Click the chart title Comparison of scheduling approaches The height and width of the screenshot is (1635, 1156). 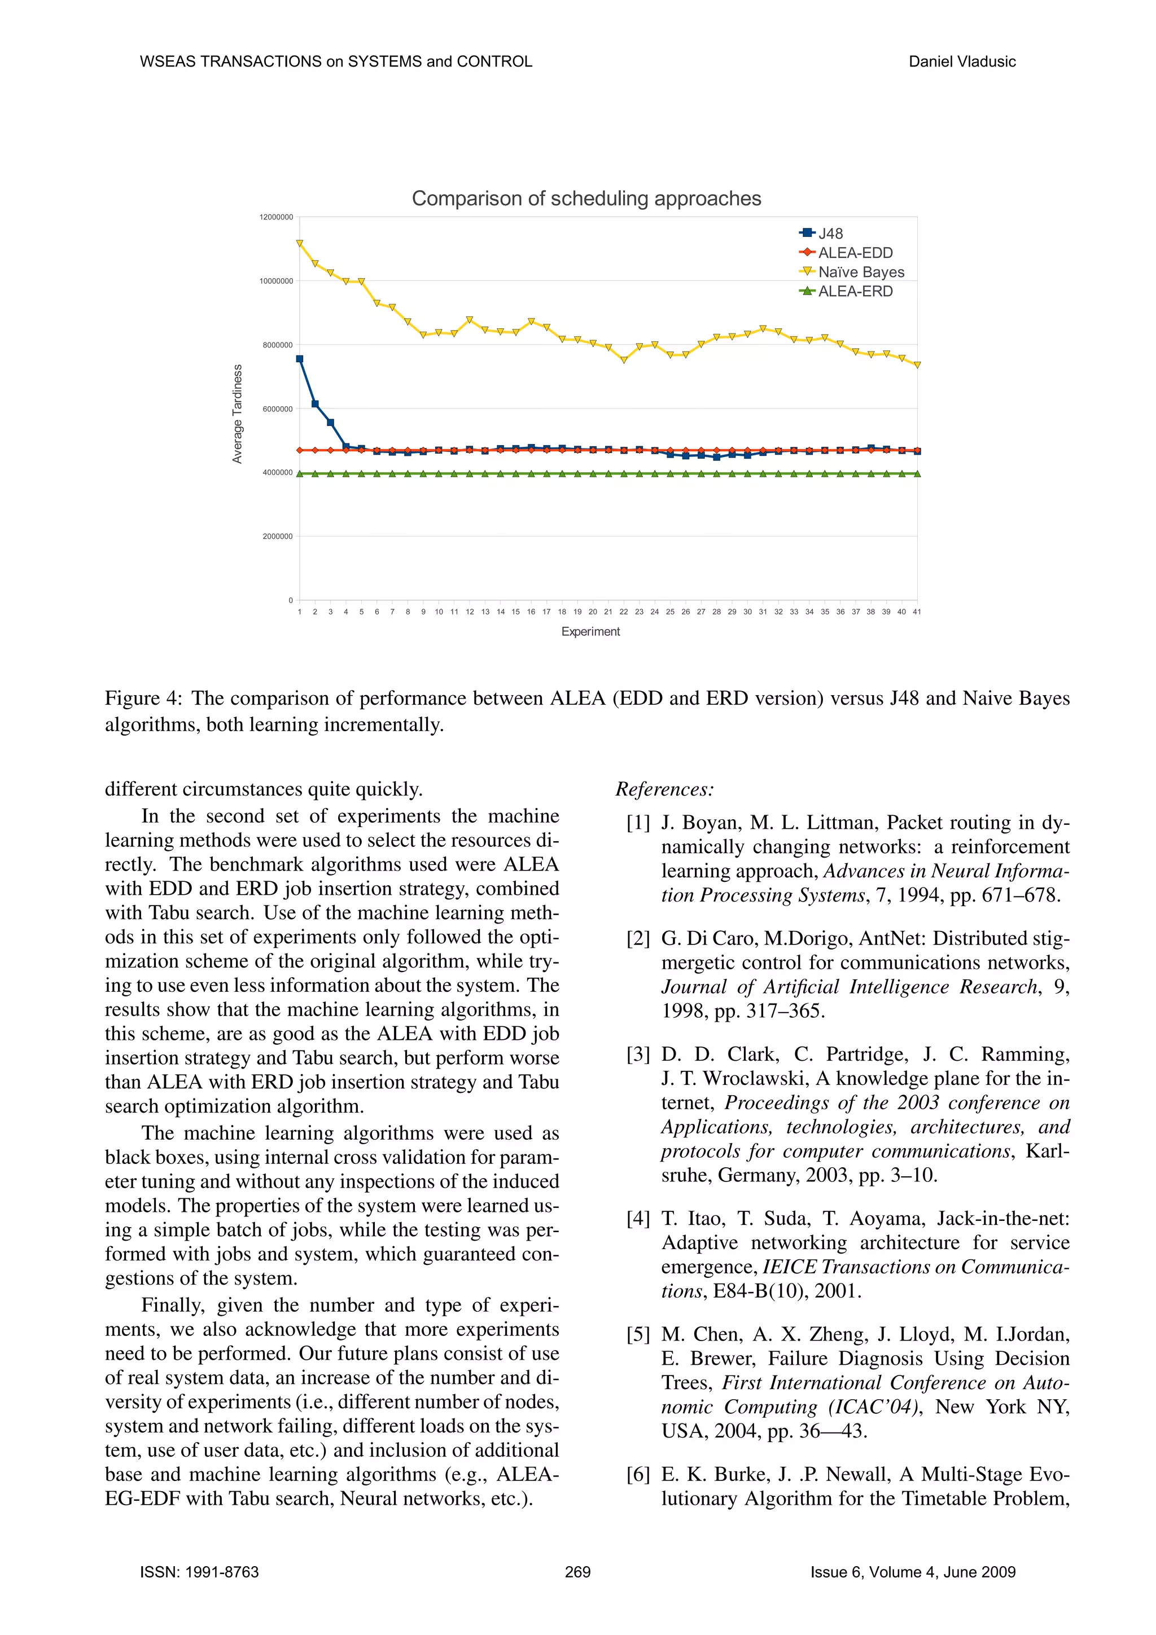586,198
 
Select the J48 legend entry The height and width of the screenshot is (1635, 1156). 830,234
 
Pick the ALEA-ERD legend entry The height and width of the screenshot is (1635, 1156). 855,291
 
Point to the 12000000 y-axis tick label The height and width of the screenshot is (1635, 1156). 277,217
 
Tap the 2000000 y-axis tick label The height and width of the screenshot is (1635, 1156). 278,536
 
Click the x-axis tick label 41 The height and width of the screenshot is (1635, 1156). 917,612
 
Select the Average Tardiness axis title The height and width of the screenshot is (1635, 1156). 238,414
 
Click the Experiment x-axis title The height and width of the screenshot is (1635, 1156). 590,632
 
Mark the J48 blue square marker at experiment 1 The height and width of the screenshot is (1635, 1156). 300,359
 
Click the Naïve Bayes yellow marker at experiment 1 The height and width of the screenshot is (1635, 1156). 300,244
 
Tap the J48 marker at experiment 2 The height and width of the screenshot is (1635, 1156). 316,404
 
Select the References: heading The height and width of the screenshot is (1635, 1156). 664,789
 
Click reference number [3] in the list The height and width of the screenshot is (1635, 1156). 638,1054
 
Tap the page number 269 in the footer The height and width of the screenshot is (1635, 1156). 577,1572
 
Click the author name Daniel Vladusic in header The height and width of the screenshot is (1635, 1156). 962,62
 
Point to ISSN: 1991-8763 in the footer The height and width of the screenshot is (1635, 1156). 199,1572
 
